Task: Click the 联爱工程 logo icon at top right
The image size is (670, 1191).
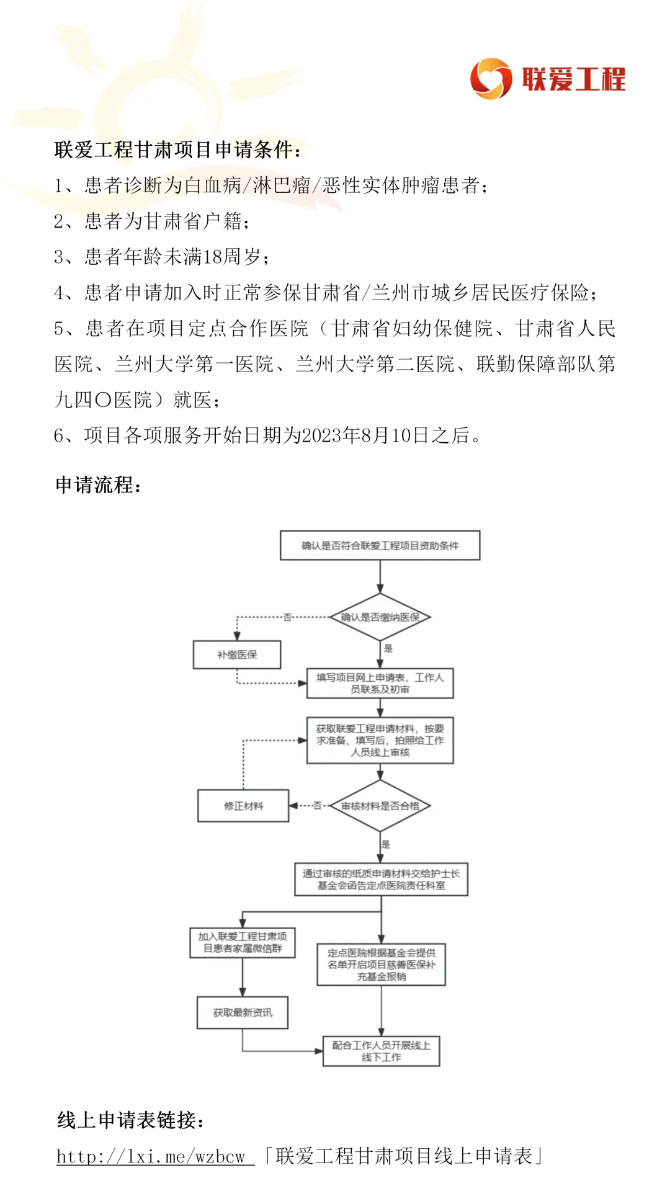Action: click(x=491, y=79)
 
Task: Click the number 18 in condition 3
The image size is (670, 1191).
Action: click(x=213, y=257)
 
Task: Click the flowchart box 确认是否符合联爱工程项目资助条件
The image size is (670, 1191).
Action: click(x=380, y=546)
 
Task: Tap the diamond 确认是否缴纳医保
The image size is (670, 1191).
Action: click(x=380, y=617)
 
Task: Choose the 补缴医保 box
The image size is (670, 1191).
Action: click(x=237, y=654)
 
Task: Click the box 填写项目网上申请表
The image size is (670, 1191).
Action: click(x=380, y=683)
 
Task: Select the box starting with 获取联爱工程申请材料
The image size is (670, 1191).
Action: click(x=380, y=740)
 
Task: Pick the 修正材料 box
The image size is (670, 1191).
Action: click(x=243, y=806)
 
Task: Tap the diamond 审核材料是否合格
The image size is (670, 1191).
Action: click(x=380, y=806)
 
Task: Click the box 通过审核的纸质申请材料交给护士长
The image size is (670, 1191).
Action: click(x=381, y=880)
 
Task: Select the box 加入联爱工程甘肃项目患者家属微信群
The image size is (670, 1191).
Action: click(x=242, y=942)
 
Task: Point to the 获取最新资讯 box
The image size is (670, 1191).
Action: click(x=242, y=1012)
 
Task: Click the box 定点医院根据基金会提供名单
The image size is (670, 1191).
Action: click(x=381, y=965)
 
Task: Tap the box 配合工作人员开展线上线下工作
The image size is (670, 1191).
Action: click(x=381, y=1051)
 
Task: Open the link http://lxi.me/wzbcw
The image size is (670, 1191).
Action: click(x=154, y=1156)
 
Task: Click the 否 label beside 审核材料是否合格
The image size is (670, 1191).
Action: click(x=317, y=806)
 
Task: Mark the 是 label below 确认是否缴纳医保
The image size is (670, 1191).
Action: click(x=388, y=648)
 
